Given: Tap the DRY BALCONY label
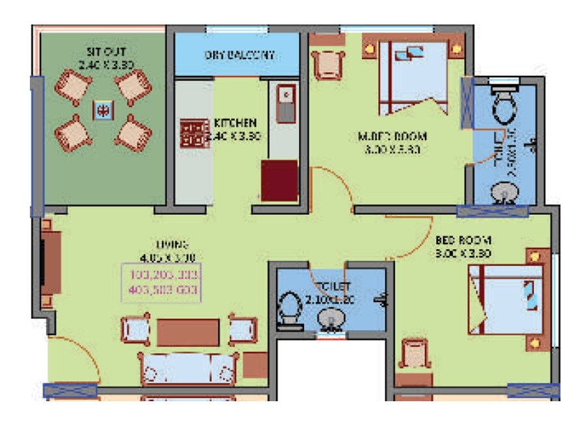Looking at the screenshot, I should click(239, 55).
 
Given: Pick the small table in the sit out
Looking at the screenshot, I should click(102, 111).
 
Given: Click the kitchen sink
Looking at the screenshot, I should click(285, 103).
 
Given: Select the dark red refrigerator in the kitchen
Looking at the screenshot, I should click(279, 180).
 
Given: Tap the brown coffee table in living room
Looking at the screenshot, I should click(188, 332).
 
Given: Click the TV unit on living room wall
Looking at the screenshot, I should click(50, 262).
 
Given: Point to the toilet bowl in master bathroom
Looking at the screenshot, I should click(504, 106).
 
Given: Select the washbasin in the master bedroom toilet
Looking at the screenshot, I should click(501, 193).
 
